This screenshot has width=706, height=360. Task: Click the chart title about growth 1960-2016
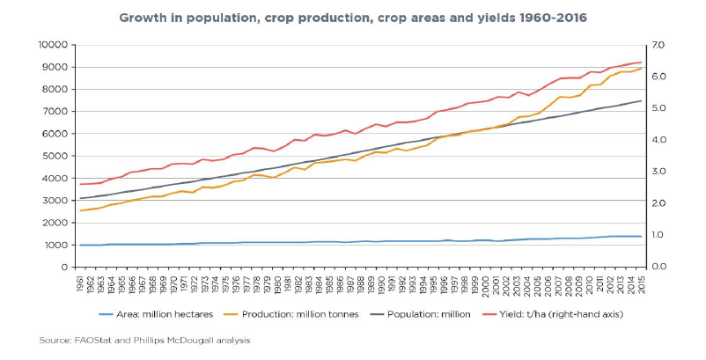tap(352, 18)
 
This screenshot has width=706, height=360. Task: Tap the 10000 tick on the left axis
tap(55, 45)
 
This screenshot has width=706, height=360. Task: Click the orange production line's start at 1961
tap(80, 210)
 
